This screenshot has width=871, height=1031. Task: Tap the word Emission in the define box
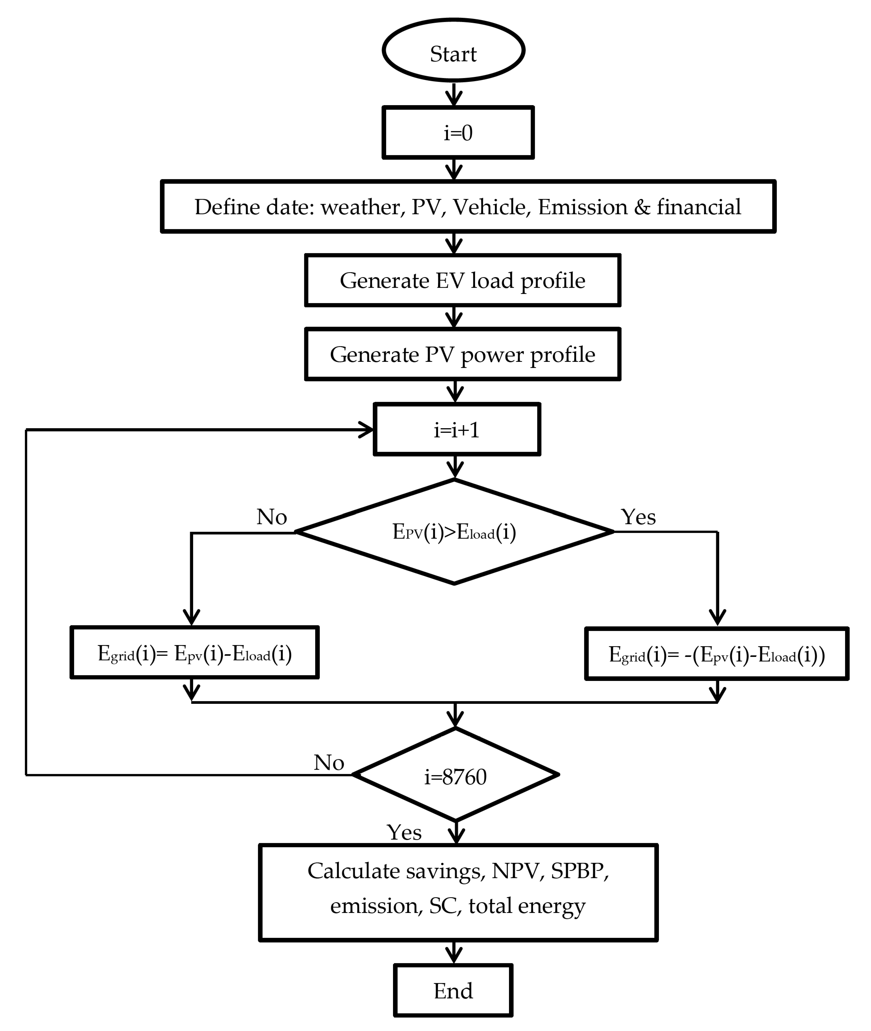[x=583, y=207]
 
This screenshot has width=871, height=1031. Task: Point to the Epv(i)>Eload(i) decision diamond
[x=454, y=532]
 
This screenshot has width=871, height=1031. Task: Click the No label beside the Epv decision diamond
[x=271, y=517]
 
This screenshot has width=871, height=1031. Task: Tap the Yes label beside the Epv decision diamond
[x=638, y=517]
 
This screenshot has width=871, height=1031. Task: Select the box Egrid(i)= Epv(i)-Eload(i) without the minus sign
[x=195, y=653]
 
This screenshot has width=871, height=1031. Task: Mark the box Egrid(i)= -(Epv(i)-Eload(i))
[x=716, y=654]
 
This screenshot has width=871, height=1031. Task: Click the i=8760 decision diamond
[x=455, y=777]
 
